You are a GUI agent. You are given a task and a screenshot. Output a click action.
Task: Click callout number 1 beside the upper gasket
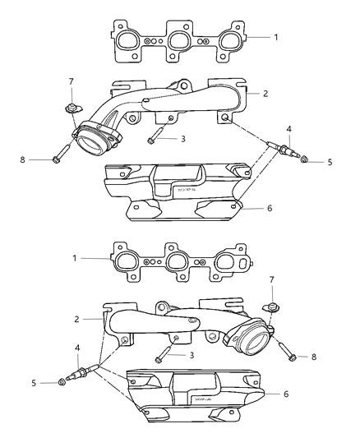coord(276,37)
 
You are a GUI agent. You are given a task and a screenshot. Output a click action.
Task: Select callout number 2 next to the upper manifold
coord(265,94)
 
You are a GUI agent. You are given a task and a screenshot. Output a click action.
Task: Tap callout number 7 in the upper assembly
coord(72,81)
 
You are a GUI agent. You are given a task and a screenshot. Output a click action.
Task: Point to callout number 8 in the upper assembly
coord(33,159)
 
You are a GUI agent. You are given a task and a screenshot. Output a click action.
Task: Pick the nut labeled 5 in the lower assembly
coord(64,382)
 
